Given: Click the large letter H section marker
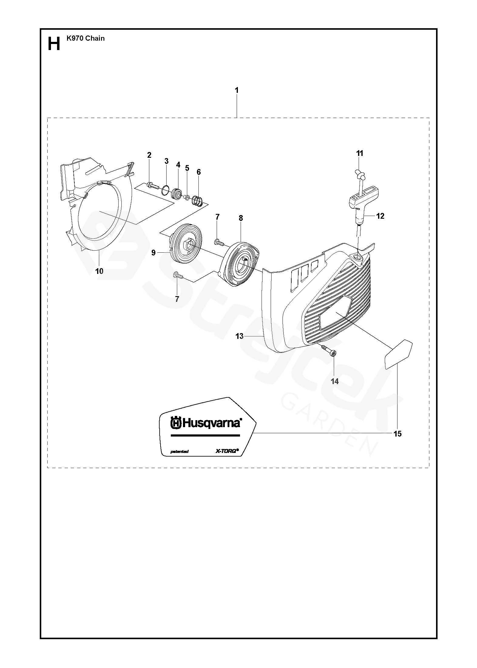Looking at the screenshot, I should click(x=54, y=44).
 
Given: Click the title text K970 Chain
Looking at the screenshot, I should click(x=86, y=38).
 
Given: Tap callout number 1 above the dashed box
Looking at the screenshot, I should click(x=236, y=90).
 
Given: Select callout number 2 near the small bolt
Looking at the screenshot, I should click(x=149, y=155).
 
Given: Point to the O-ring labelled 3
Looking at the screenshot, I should click(x=165, y=190).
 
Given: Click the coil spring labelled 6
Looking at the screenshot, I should click(x=198, y=201).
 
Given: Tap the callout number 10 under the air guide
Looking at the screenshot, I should click(x=99, y=271).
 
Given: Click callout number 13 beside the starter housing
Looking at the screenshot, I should click(x=239, y=336).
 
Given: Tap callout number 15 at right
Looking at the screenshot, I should click(x=397, y=434).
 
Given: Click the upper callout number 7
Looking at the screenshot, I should click(x=217, y=217).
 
